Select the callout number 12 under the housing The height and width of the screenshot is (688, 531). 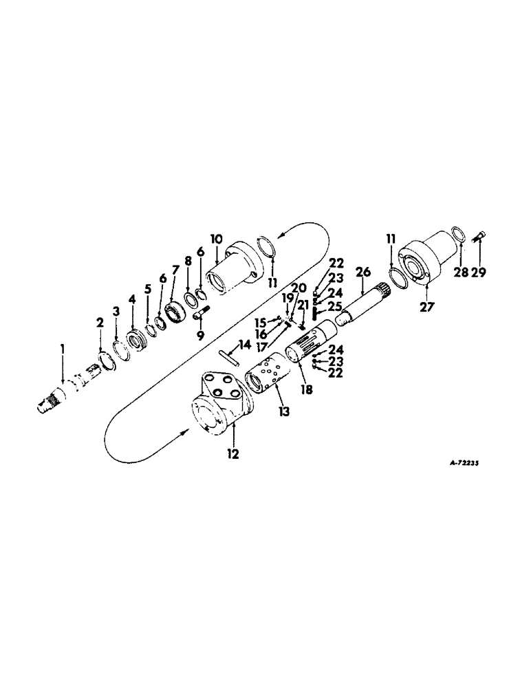[234, 455]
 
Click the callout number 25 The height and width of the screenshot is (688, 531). [334, 305]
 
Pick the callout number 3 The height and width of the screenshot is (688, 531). [116, 312]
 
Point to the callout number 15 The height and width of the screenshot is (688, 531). [259, 323]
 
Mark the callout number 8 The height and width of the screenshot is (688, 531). [188, 261]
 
